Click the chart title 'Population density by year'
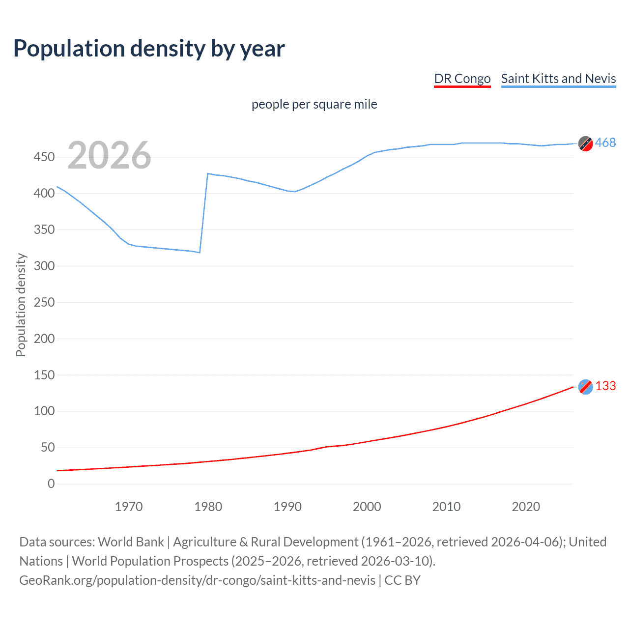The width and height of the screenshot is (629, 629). pos(149,49)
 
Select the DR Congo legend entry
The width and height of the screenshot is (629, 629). pos(462,79)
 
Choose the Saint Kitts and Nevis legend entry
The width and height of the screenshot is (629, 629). pos(558,79)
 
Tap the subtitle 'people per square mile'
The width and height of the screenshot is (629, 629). pos(314,104)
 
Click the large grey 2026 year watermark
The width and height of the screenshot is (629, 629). pos(109,155)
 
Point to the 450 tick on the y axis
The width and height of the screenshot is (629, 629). pos(44,157)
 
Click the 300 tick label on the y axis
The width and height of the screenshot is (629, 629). pos(44,266)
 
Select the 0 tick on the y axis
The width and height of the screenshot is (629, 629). pos(51,484)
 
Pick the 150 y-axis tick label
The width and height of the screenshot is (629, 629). pos(44,375)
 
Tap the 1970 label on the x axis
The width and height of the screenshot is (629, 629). pos(129,507)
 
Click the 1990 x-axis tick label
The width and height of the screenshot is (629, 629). pos(287,507)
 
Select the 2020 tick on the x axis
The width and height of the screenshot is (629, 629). pos(526,507)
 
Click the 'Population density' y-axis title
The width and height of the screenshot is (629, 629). pos(21,305)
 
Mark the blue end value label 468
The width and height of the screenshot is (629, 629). pos(605,143)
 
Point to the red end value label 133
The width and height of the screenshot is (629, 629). pos(605,386)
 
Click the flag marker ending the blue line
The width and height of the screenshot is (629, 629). pos(585,143)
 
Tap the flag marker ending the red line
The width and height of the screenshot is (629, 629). pos(585,387)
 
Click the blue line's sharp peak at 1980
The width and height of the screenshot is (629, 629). pos(208,173)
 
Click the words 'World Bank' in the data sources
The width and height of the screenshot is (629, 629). pos(131,542)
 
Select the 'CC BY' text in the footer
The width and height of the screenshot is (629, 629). pos(402,580)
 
